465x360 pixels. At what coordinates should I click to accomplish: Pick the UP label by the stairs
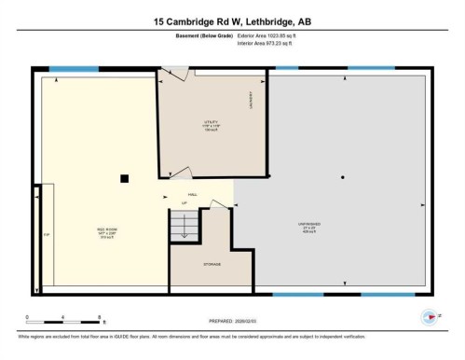point(185,202)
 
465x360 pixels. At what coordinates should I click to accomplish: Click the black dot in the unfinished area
point(343,177)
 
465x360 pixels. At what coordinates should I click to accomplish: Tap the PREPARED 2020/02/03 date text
point(232,317)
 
